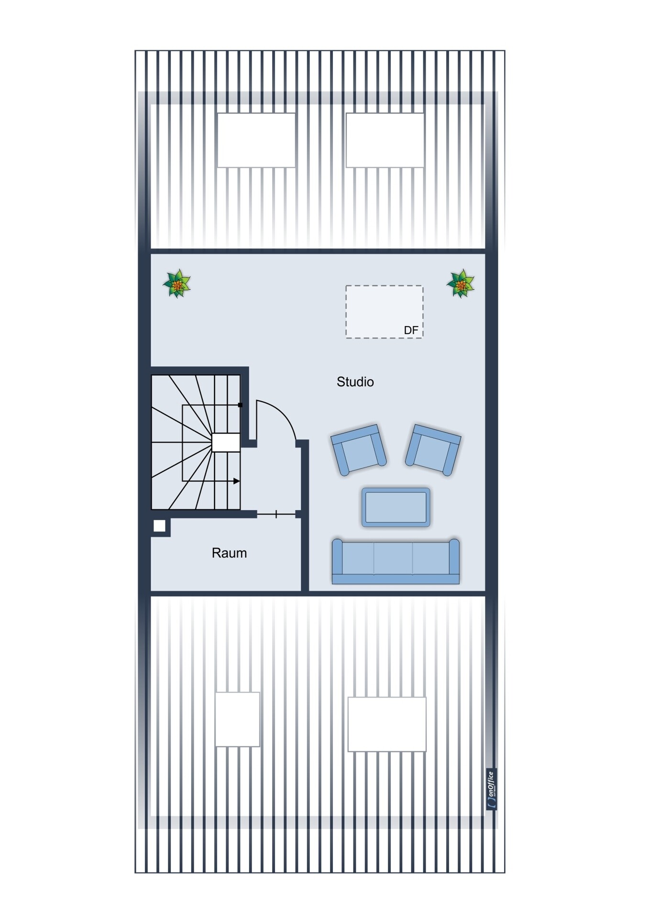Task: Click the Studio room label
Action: [x=355, y=382]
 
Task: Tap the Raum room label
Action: [x=229, y=553]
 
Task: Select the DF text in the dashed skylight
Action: [x=411, y=330]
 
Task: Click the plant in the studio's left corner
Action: [x=177, y=284]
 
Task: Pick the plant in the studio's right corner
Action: [x=461, y=284]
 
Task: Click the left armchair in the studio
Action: [x=359, y=450]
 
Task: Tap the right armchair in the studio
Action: [x=433, y=450]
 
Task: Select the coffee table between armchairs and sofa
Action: [x=396, y=507]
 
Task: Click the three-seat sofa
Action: [x=396, y=561]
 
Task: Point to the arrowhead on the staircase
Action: [x=236, y=481]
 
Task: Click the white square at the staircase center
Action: [x=226, y=442]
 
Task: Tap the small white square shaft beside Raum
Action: [x=159, y=526]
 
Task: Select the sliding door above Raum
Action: [x=276, y=514]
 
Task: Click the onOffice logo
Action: [x=491, y=789]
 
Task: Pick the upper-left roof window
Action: [x=256, y=140]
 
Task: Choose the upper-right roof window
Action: [x=385, y=140]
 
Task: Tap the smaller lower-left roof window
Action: [x=237, y=719]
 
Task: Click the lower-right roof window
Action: [x=387, y=724]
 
